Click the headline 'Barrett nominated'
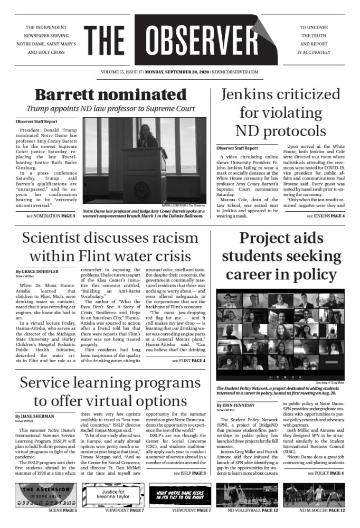110,95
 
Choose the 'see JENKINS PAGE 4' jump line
318,216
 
